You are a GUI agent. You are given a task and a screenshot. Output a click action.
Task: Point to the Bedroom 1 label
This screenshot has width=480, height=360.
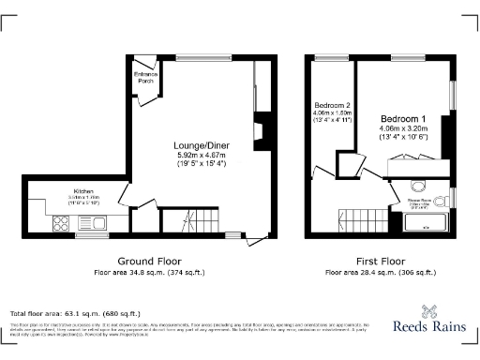click(x=404, y=119)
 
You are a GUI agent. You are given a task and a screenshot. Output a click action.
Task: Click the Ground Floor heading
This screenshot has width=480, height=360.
click(x=149, y=261)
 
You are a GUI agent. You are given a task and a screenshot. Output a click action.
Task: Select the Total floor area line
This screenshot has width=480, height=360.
click(x=75, y=312)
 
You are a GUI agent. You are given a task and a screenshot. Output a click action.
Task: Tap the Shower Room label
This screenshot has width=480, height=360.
click(x=418, y=200)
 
